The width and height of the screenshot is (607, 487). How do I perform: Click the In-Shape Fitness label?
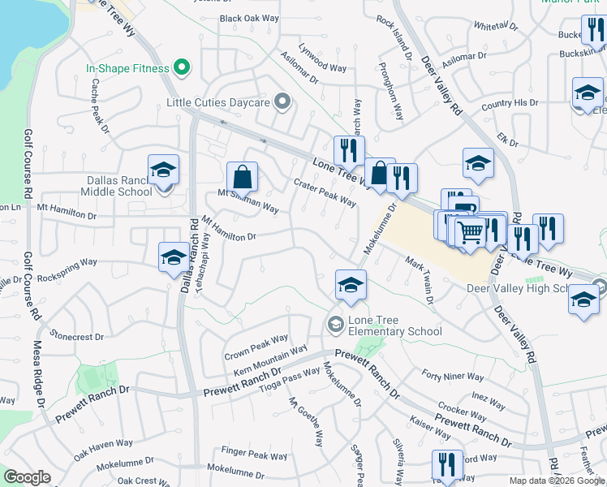click(x=127, y=69)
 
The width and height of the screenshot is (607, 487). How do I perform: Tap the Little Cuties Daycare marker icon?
click(x=282, y=102)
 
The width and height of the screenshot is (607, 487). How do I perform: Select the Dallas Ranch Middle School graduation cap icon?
click(x=163, y=170)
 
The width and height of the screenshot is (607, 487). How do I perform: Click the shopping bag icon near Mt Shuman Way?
click(x=243, y=176)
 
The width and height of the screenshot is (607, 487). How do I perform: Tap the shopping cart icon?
click(x=470, y=234)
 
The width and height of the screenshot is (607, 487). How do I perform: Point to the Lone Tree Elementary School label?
click(x=394, y=325)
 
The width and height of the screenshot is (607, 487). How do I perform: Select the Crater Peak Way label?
click(x=325, y=192)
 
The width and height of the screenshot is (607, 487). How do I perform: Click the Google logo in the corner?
click(x=26, y=477)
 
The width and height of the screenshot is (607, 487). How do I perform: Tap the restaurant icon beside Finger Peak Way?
click(x=446, y=464)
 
